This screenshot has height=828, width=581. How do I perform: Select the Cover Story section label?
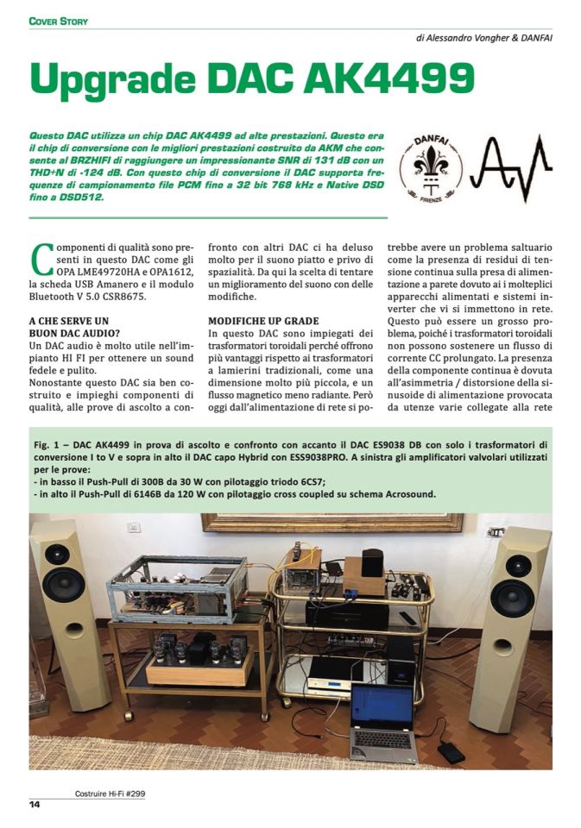pyautogui.click(x=59, y=20)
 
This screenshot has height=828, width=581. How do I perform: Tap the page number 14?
pyautogui.click(x=35, y=805)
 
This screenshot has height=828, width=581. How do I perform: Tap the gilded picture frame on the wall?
pyautogui.click(x=332, y=522)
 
